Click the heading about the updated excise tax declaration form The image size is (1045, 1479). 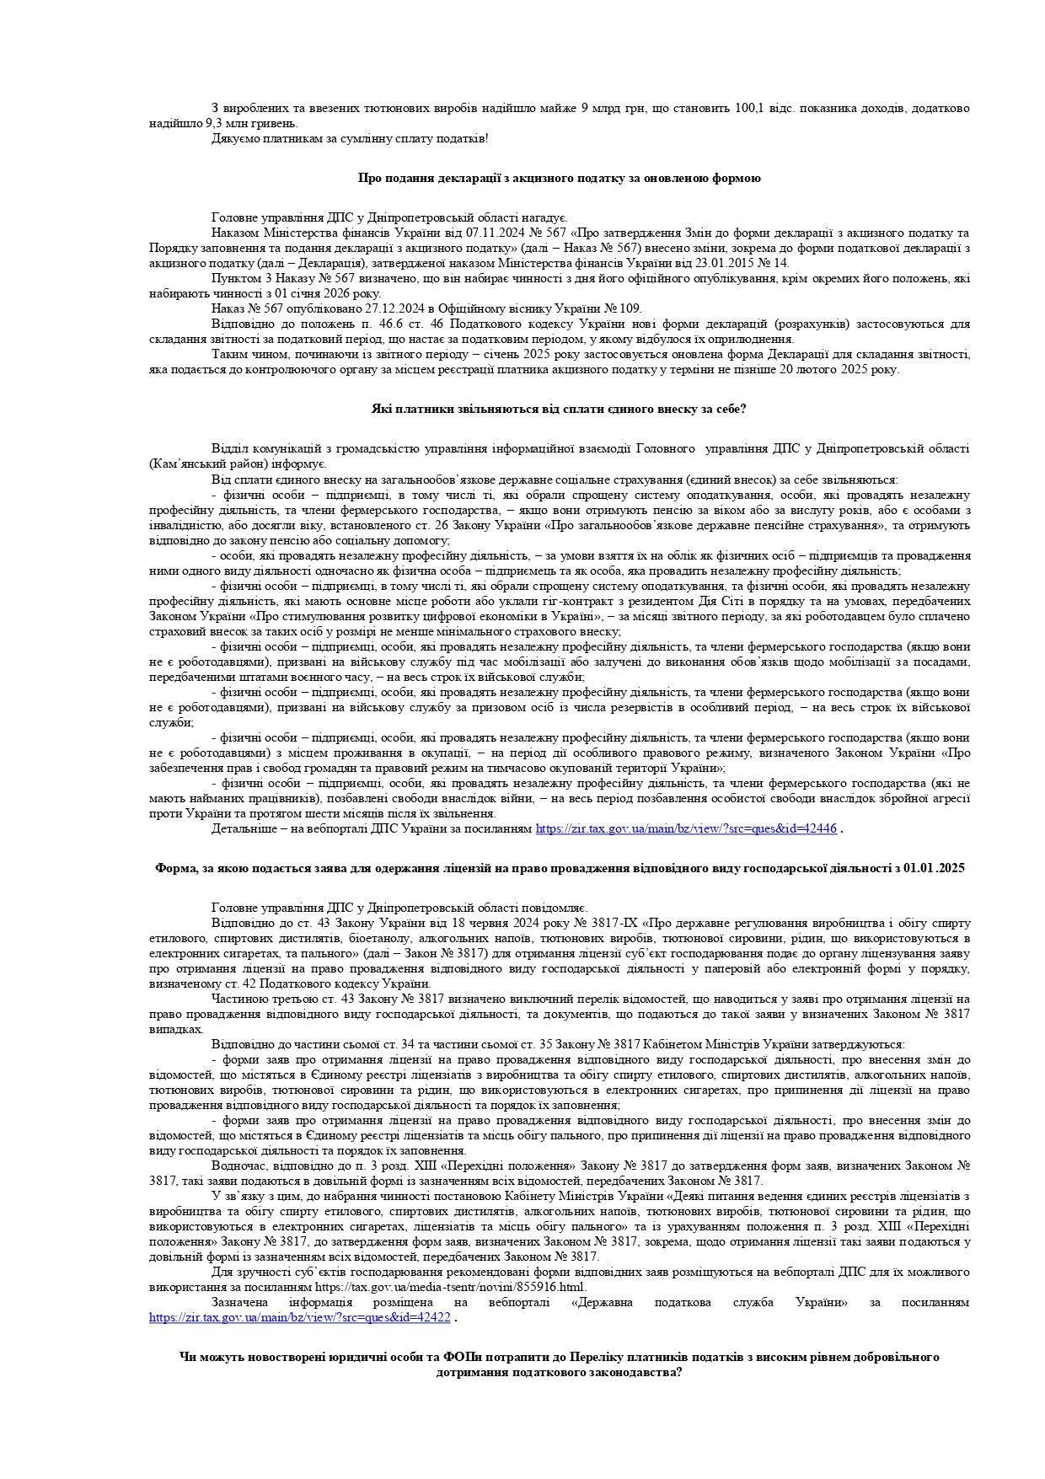point(559,179)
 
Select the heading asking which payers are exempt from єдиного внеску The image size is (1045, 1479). point(559,409)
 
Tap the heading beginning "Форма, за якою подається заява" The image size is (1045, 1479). point(559,868)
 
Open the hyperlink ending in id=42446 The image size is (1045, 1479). point(686,828)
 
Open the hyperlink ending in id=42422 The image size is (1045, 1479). point(300,1317)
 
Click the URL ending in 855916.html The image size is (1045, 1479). point(451,1287)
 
